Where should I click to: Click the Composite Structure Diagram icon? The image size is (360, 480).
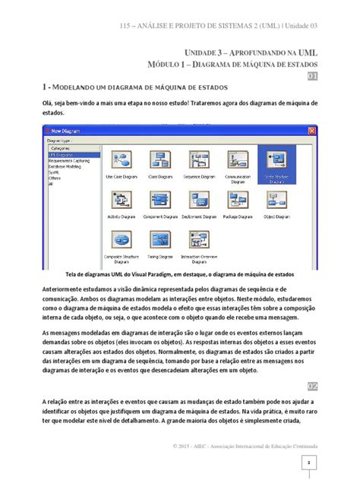coord(120,241)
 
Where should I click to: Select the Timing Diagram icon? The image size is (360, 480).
coord(159,241)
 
